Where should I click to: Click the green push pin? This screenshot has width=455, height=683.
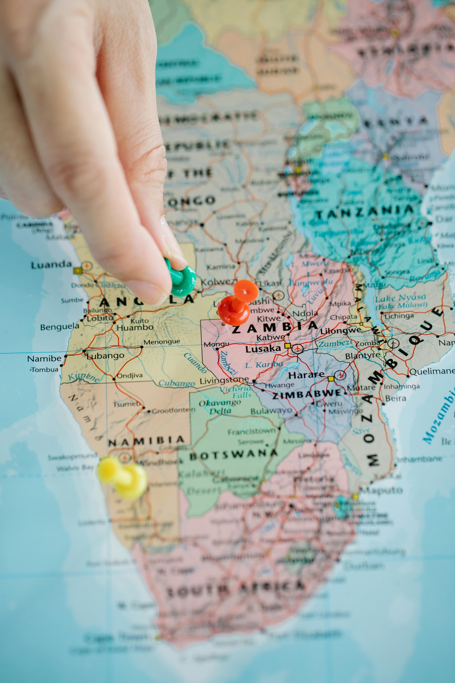[182, 280]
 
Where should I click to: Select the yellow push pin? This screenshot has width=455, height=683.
[123, 476]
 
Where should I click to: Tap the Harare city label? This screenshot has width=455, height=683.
[306, 375]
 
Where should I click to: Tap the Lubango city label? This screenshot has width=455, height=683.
[105, 356]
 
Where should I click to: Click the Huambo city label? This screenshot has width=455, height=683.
[135, 328]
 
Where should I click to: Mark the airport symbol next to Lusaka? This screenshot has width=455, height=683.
[297, 348]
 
